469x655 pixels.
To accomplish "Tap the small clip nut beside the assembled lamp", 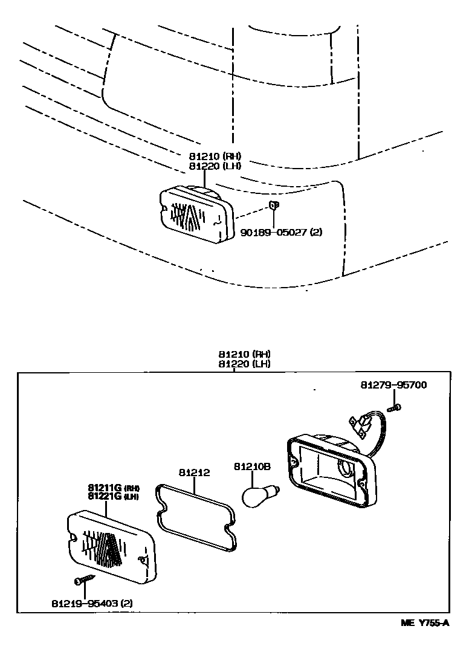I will pyautogui.click(x=273, y=206).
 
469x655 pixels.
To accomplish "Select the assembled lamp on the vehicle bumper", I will pyautogui.click(x=196, y=213).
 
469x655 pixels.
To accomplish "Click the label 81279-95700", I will pyautogui.click(x=393, y=385).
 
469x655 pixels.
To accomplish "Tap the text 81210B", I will pyautogui.click(x=252, y=466).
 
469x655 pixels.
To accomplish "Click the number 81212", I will pyautogui.click(x=194, y=473).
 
